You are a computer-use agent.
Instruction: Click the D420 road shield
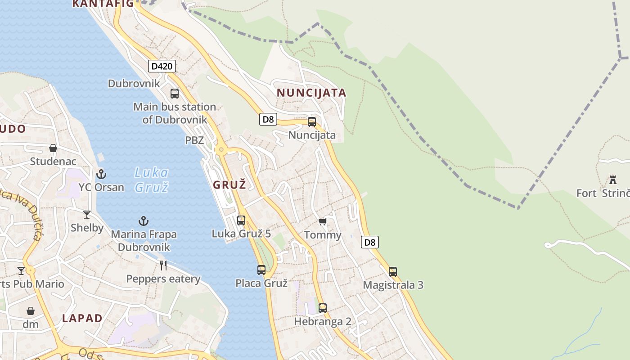(x=162, y=67)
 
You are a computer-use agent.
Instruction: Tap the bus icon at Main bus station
(x=175, y=94)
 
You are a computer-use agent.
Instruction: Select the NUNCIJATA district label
(x=311, y=93)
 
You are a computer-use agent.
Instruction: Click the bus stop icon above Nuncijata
(x=312, y=122)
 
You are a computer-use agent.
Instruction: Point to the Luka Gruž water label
(x=152, y=179)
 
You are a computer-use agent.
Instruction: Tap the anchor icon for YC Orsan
(x=101, y=174)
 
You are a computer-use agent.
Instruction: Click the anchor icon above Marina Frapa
(x=144, y=221)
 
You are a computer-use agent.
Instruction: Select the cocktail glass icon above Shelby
(x=87, y=215)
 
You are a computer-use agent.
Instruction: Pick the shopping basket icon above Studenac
(x=53, y=148)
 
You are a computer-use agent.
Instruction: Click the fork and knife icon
(x=163, y=265)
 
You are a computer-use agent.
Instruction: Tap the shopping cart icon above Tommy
(x=322, y=221)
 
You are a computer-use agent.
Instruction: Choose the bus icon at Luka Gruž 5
(x=241, y=220)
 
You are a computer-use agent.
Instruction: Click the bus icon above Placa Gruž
(x=261, y=270)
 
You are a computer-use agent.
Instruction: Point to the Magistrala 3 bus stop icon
(x=393, y=272)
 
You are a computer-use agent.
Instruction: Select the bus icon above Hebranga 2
(x=323, y=308)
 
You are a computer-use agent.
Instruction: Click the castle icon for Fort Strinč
(x=612, y=180)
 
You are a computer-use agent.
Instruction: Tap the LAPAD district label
(x=82, y=318)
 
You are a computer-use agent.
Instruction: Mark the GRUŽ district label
(x=229, y=184)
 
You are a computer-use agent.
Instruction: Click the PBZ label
(x=194, y=140)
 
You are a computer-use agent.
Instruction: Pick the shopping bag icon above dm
(x=31, y=311)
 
